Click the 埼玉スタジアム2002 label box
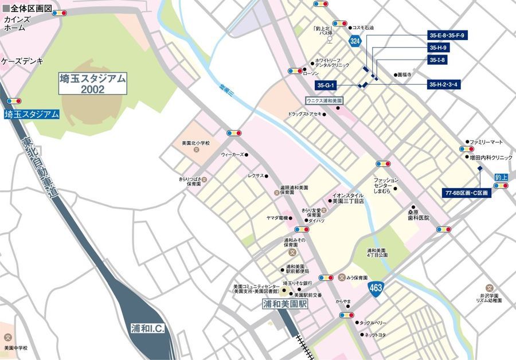point(92,84)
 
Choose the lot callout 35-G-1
point(328,86)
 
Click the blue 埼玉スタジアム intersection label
point(32,114)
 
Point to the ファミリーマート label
point(486,142)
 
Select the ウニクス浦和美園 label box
point(324,100)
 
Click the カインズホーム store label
point(14,24)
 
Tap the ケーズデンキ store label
point(22,60)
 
